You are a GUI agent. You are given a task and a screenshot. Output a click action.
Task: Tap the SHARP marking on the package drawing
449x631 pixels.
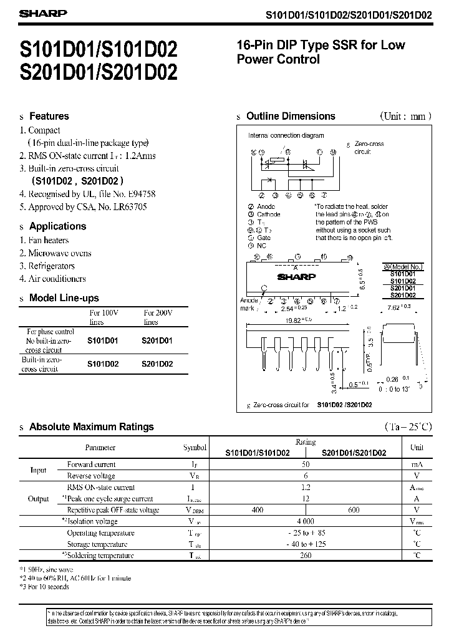point(296,276)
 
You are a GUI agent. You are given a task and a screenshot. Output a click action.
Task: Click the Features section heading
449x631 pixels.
point(49,116)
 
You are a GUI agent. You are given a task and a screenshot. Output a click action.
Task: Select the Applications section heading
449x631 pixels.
point(57,226)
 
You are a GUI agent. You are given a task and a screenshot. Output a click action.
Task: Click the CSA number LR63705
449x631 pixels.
point(128,206)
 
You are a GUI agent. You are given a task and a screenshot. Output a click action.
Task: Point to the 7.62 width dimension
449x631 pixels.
point(399,307)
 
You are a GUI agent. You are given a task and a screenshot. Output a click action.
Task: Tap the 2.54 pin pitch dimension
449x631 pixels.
point(290,307)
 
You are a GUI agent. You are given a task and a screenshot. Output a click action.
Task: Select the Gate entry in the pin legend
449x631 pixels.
point(264,238)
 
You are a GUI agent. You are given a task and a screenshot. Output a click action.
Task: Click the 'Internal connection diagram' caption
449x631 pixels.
point(286,135)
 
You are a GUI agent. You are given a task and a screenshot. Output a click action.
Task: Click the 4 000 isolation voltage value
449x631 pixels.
point(306,521)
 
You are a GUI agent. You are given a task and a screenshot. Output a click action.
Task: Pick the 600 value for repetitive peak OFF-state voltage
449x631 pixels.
point(354,510)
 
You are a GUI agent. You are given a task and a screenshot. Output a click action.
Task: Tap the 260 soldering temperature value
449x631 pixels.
point(306,555)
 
